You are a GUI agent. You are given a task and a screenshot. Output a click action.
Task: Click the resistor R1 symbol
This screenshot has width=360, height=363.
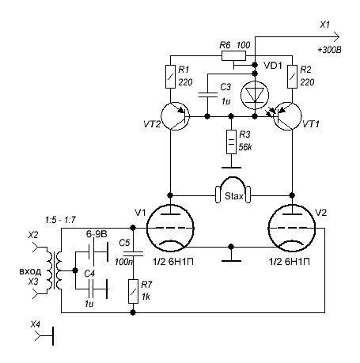click(170, 77)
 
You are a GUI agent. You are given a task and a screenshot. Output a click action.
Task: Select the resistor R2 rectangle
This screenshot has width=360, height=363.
click(292, 77)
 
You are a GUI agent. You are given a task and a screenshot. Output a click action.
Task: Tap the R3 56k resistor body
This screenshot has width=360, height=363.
click(231, 142)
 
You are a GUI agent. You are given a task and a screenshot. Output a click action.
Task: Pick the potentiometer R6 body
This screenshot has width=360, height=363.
click(233, 56)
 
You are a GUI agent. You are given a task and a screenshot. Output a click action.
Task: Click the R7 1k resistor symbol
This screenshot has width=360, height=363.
click(133, 291)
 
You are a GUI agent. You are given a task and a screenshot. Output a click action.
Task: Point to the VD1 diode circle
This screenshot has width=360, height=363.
click(255, 95)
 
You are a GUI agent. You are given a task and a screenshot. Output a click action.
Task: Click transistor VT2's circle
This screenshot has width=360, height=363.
click(176, 116)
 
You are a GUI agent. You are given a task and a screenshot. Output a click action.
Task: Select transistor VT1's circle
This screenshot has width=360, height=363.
click(287, 116)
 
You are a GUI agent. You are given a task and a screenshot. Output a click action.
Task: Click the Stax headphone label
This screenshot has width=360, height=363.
click(233, 196)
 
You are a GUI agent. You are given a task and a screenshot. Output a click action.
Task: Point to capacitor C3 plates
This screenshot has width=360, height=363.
click(207, 95)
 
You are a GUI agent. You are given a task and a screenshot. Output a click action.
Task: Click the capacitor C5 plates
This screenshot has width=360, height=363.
click(133, 254)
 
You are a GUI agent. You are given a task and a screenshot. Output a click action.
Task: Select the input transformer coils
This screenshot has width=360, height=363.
click(54, 270)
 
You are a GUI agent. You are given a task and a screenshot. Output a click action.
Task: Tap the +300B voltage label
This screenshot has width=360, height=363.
click(329, 50)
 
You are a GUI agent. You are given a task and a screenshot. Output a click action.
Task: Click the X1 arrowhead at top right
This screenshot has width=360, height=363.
click(336, 37)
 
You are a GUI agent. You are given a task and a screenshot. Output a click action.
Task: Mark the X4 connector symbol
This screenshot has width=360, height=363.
click(44, 336)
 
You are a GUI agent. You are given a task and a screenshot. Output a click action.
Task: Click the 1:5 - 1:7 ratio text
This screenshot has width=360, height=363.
click(60, 220)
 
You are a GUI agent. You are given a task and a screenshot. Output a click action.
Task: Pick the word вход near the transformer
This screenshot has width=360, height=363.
click(30, 272)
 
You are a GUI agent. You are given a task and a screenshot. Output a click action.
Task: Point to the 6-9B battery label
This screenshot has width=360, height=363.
click(97, 234)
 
